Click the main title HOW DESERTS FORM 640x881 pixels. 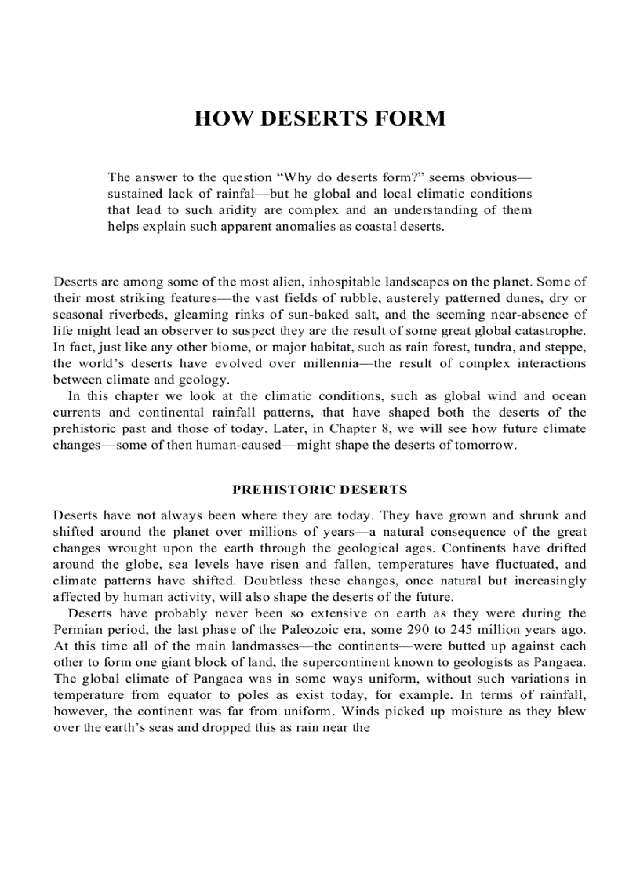319,118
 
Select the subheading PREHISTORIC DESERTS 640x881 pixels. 319,490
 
